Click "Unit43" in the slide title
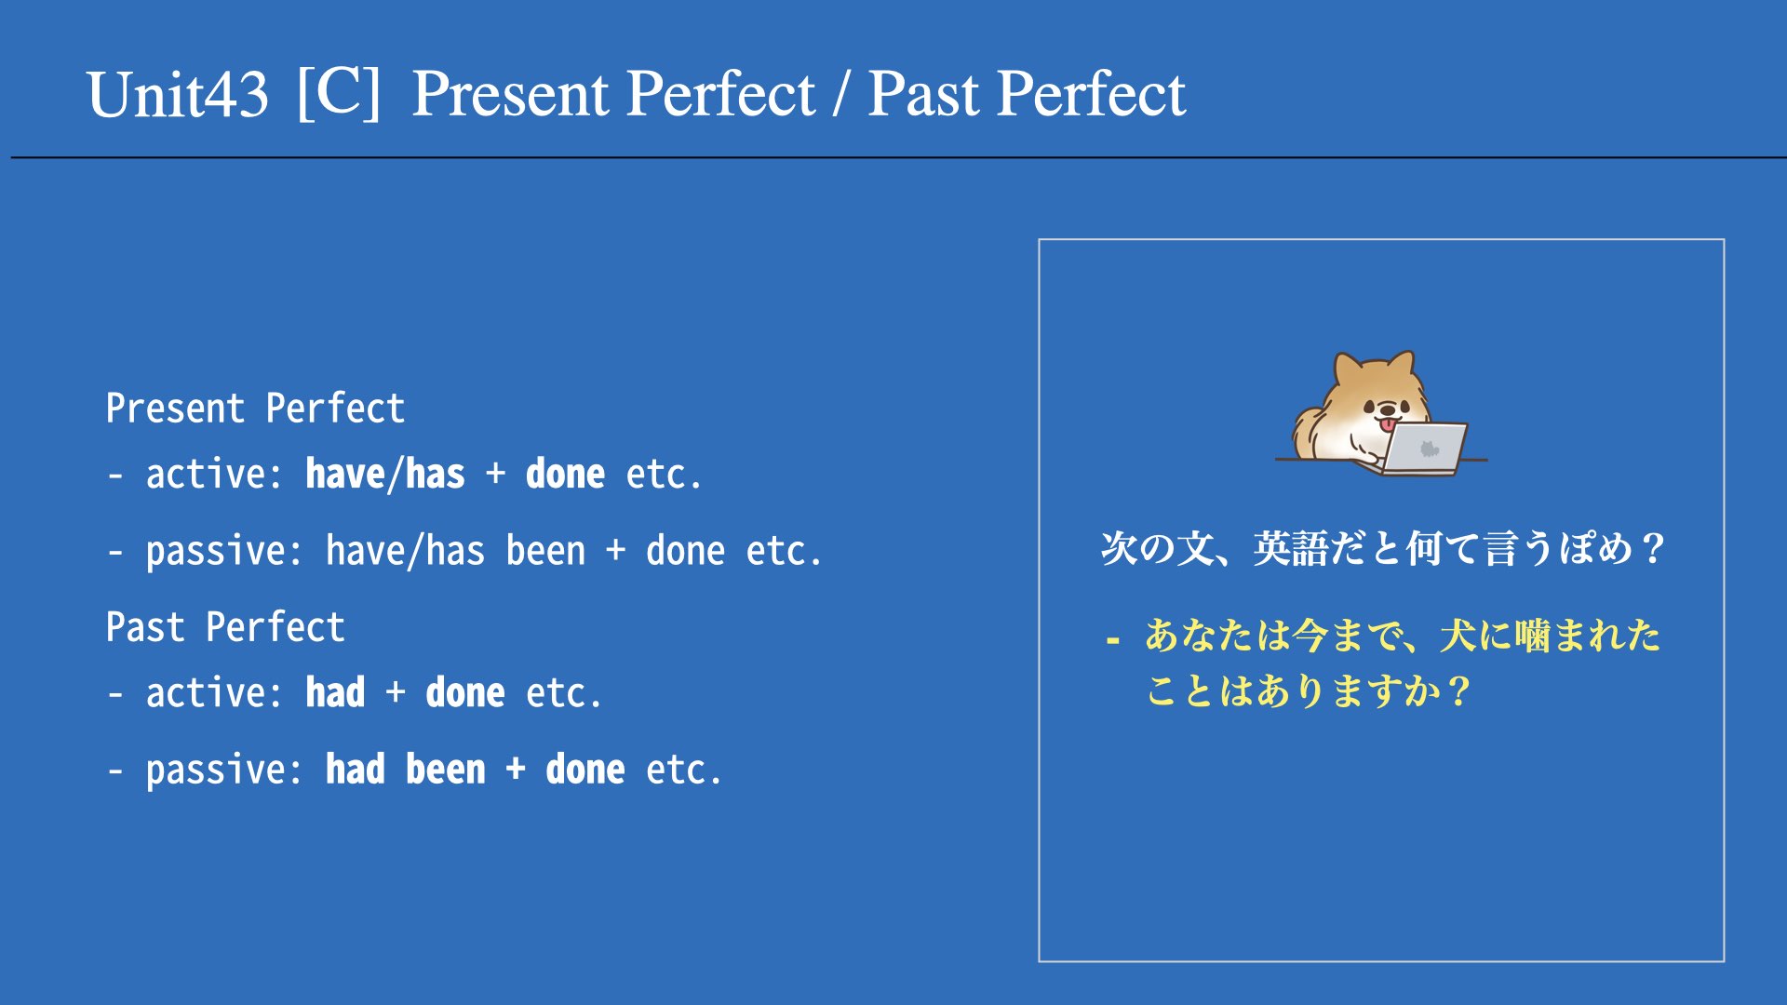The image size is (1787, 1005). pos(178,95)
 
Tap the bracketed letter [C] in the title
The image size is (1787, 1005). pos(339,92)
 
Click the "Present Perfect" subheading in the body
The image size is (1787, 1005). pos(255,409)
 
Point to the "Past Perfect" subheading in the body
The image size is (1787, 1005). pos(225,627)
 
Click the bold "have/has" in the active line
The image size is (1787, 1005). pos(385,474)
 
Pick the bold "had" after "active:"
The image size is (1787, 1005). pos(335,692)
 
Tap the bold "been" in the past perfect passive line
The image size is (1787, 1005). pos(446,770)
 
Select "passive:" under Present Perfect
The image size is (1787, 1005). pos(223,552)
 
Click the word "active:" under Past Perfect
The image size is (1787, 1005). pos(214,693)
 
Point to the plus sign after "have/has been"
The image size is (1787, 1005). pos(615,551)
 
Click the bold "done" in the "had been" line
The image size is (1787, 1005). pos(585,770)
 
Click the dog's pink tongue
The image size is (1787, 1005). pos(1388,424)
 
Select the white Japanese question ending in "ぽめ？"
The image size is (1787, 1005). pos(1383,548)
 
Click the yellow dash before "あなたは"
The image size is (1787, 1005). pos(1112,640)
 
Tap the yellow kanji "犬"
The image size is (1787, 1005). pos(1458,636)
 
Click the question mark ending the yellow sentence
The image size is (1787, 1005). pos(1458,691)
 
